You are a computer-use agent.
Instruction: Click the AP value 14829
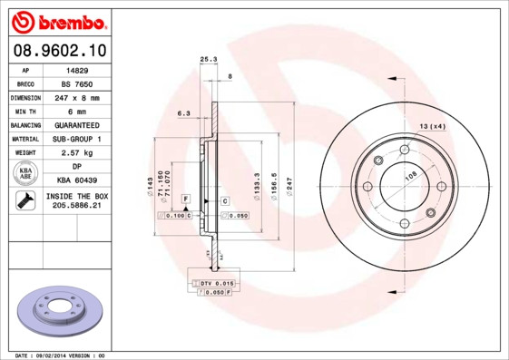(x=77, y=69)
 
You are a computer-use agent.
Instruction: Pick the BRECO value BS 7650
(x=77, y=83)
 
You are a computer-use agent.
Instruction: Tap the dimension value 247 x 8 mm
(x=77, y=97)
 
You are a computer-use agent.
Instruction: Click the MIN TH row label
(x=25, y=111)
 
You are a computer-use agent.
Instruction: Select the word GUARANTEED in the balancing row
(x=77, y=124)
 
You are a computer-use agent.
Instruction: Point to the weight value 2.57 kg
(x=77, y=153)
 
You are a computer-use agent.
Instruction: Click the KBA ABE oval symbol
(x=25, y=174)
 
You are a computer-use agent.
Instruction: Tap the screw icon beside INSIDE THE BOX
(x=25, y=202)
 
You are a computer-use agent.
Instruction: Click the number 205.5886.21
(x=77, y=207)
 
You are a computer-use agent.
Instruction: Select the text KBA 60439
(x=77, y=181)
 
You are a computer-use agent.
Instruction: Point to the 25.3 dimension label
(x=208, y=60)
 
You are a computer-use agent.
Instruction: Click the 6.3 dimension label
(x=182, y=114)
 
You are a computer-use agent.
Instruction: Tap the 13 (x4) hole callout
(x=433, y=126)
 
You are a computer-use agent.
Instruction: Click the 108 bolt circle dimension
(x=409, y=177)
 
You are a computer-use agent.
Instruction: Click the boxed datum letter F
(x=185, y=199)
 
